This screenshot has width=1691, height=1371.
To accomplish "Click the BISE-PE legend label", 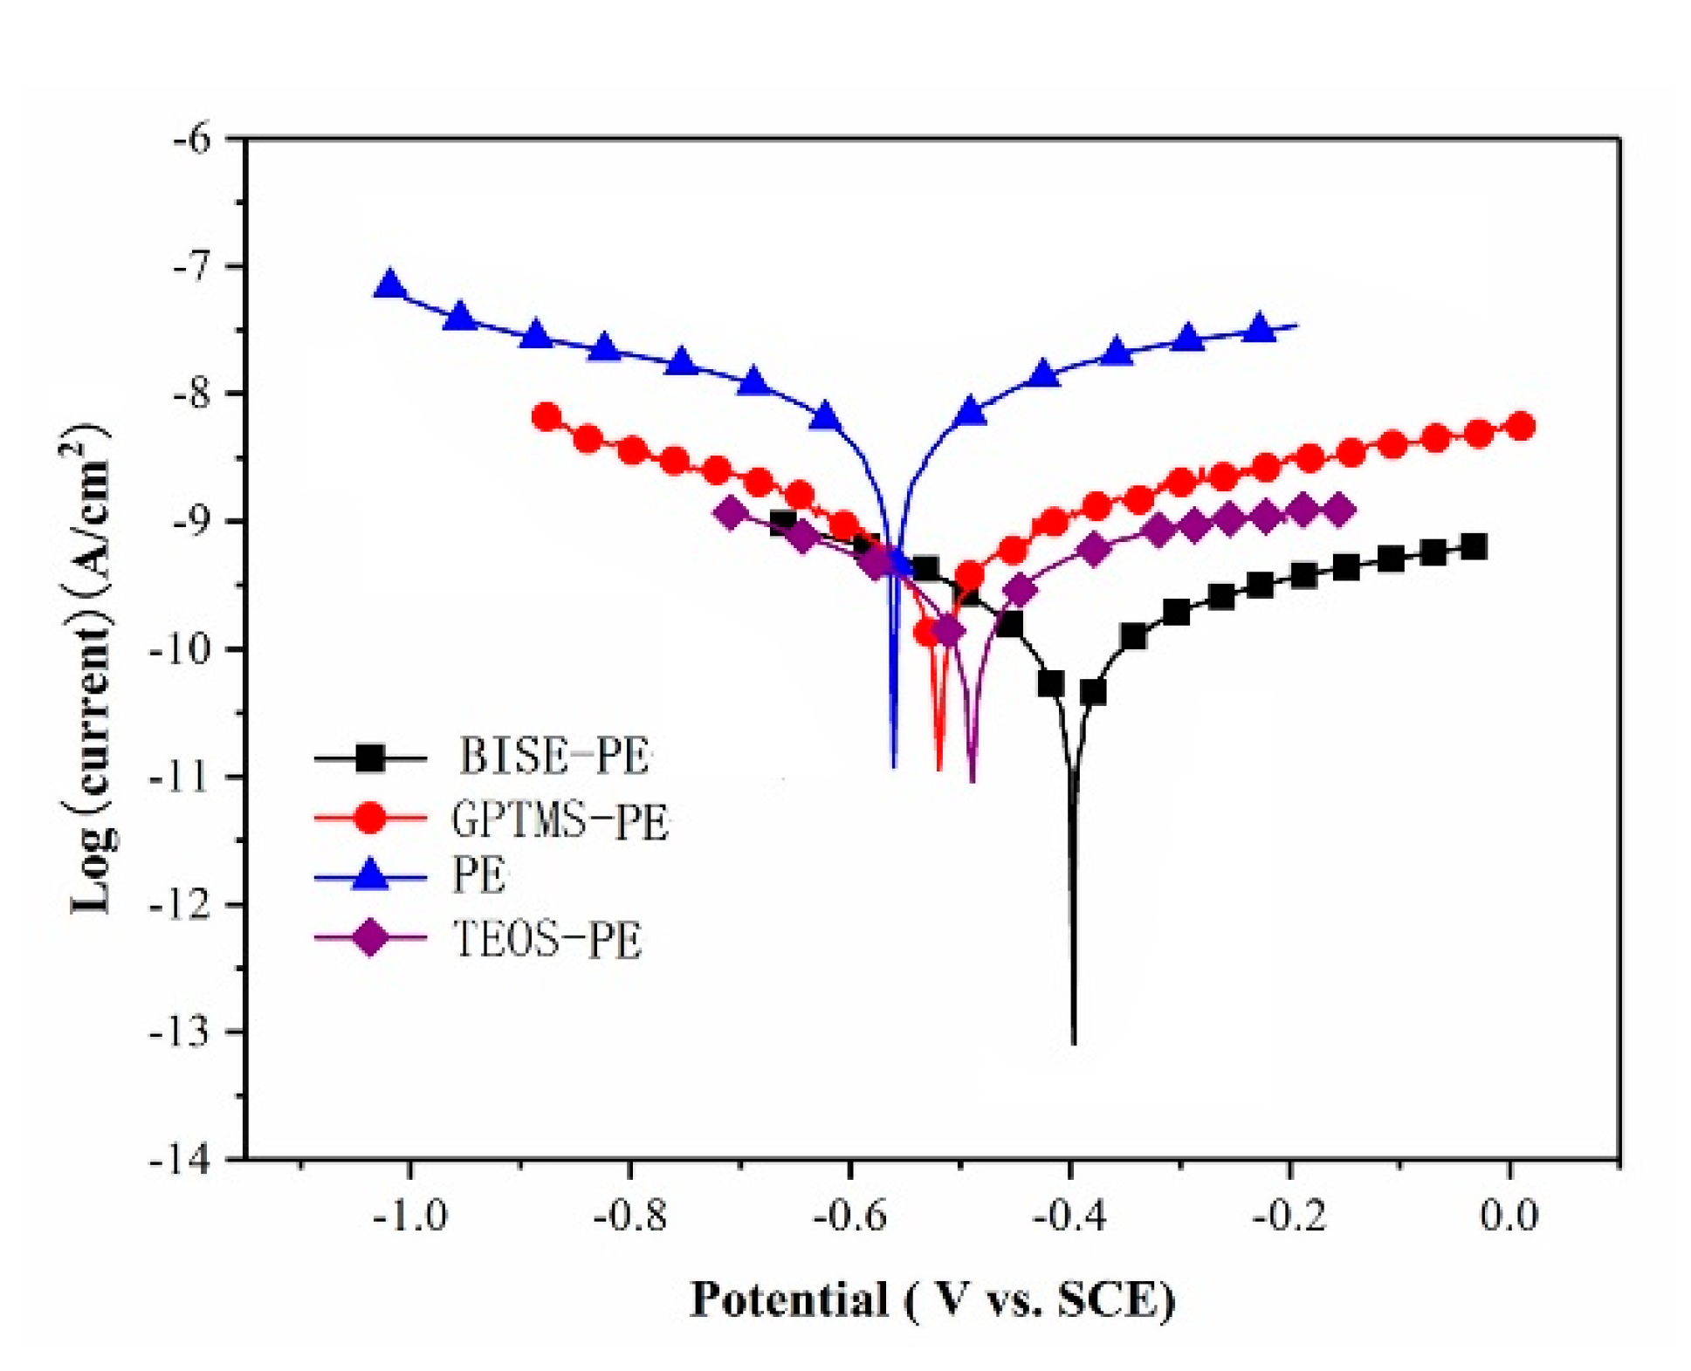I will (553, 756).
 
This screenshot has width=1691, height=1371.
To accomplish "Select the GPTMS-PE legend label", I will (560, 819).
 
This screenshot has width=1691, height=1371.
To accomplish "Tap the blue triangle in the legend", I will (370, 875).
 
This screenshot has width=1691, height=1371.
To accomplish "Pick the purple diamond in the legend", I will (370, 938).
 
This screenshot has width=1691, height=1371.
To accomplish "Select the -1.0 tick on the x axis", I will (410, 1215).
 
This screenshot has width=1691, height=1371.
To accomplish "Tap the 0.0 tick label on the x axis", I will (1509, 1215).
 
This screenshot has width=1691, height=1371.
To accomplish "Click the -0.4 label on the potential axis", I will (1070, 1215).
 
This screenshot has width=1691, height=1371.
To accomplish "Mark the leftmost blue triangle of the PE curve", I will (389, 284).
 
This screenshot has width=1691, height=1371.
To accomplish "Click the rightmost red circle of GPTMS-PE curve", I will (1520, 426).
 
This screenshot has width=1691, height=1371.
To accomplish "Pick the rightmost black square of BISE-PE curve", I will (1474, 547).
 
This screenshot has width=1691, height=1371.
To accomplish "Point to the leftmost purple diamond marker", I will (732, 512).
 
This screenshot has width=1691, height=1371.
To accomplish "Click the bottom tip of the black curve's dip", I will (1074, 1042).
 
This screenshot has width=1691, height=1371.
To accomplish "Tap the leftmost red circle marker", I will (546, 417).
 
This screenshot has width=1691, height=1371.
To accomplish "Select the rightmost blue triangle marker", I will (1258, 328).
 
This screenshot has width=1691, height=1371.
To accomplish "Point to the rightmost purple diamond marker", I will (1339, 511).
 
